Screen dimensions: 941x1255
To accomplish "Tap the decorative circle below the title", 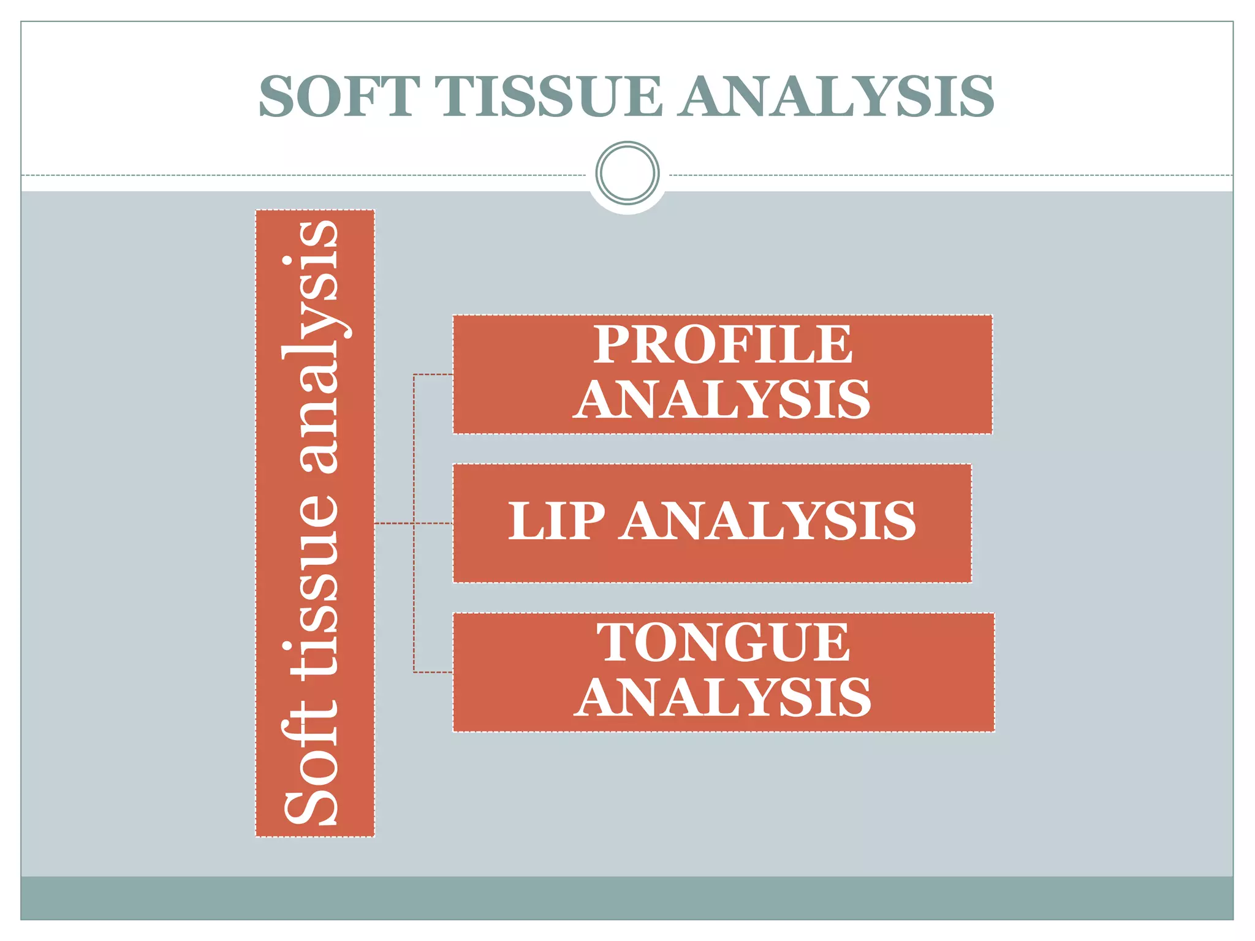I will tap(627, 173).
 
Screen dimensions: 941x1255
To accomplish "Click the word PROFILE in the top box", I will tap(722, 345).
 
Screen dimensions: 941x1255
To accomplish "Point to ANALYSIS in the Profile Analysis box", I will tap(722, 399).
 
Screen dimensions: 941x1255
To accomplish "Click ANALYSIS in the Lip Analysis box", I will tap(768, 521).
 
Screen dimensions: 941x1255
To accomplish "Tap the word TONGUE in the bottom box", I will tap(724, 643).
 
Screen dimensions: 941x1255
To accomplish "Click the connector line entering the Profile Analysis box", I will tap(434, 374).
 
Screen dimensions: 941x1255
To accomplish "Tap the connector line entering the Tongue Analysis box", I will tap(434, 672).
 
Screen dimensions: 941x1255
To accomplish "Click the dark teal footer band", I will tap(627, 898).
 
